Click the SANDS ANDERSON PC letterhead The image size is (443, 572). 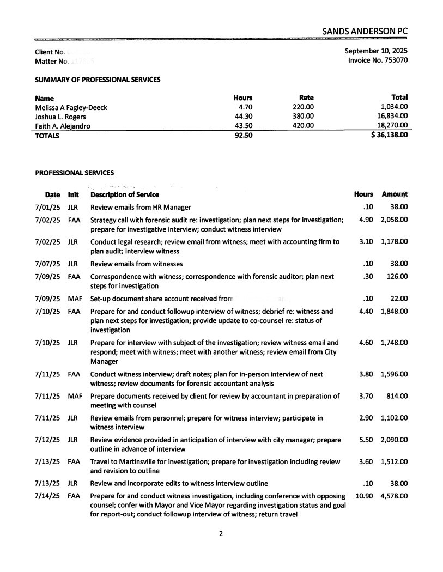365,32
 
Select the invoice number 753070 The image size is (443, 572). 394,60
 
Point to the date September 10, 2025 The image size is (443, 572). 376,51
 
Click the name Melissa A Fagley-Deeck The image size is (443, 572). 71,107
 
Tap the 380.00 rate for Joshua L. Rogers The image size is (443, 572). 303,117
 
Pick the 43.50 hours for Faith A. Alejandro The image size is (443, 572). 242,126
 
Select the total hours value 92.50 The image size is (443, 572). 242,135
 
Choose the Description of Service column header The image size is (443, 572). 125,194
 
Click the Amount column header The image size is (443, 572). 395,194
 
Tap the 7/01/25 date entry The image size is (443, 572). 46,207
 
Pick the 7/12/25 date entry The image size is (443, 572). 46,440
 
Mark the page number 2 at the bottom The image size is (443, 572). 221,534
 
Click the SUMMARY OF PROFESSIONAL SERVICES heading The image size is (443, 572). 98,80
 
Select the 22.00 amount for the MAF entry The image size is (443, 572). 400,298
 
